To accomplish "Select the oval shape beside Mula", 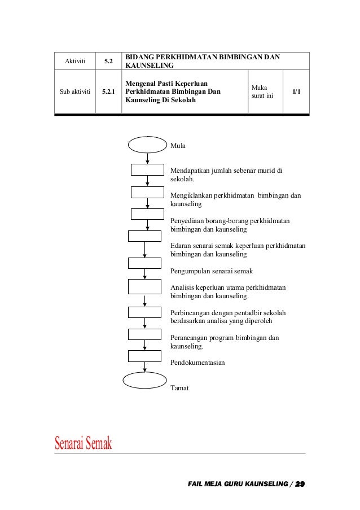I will point(148,145).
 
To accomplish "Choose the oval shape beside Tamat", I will point(144,380).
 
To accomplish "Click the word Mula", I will point(178,145).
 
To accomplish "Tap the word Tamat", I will point(179,388).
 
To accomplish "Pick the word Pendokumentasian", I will point(197,363).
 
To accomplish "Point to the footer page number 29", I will point(300,484).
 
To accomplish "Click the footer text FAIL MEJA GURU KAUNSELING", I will point(238,484).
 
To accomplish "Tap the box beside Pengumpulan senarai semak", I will point(144,263).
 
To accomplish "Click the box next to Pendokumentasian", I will point(144,355).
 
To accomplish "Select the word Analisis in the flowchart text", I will point(182,287).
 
